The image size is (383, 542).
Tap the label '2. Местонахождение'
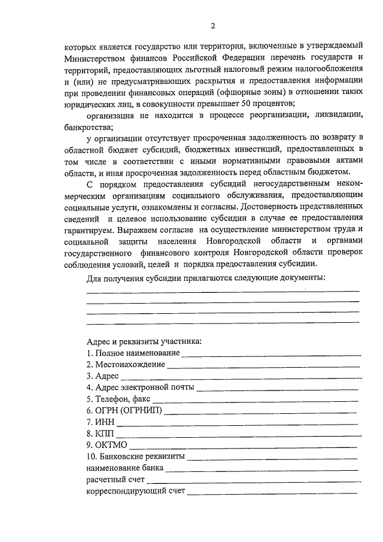click(x=126, y=364)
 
